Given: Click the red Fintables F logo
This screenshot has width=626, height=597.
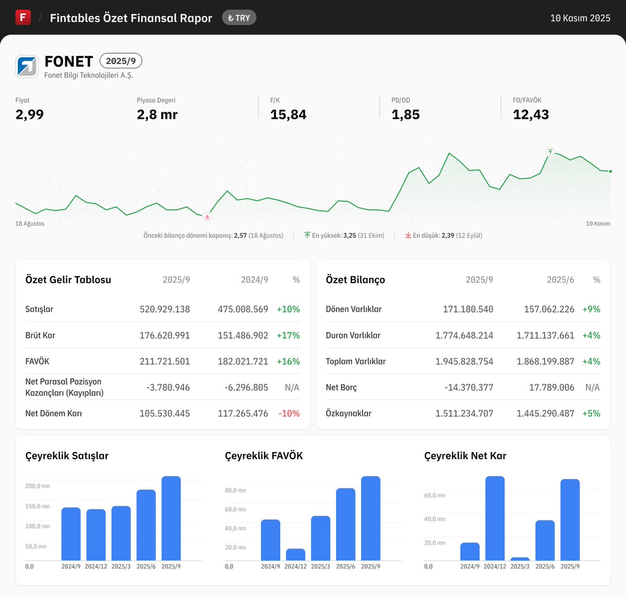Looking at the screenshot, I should (x=23, y=17).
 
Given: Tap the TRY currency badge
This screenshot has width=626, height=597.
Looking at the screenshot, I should (x=239, y=18).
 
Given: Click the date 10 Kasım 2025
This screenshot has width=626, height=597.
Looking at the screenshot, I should (x=580, y=18).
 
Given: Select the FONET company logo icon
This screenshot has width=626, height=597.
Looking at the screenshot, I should (x=27, y=66).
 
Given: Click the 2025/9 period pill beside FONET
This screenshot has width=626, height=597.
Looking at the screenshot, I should (x=121, y=61).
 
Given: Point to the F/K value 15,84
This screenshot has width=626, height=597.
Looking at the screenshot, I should (x=288, y=115).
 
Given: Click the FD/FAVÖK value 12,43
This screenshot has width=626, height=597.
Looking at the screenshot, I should (x=531, y=115).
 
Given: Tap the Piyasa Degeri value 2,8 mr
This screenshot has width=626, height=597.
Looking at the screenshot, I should (x=157, y=115).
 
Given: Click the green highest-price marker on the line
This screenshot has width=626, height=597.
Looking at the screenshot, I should (x=550, y=152).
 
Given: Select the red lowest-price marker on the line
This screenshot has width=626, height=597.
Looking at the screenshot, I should (x=207, y=216).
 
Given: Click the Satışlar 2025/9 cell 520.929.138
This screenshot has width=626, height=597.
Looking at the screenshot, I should (x=165, y=309).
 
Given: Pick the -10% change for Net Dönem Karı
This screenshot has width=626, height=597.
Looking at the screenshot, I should (x=289, y=413).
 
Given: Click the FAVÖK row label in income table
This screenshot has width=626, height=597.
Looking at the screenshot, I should (x=38, y=361).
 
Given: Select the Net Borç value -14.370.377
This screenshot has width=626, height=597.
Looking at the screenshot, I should (x=469, y=387).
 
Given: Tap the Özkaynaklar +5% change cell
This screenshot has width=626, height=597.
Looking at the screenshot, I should (x=591, y=413).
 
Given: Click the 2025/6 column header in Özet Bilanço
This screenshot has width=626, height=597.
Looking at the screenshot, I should (x=560, y=280).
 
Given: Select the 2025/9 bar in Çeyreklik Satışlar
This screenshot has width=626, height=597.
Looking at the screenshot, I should (x=171, y=518).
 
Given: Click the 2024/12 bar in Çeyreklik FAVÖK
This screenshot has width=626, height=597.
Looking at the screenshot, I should (x=296, y=555).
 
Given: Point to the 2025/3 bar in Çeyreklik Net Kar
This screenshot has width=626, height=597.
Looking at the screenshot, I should (x=520, y=559).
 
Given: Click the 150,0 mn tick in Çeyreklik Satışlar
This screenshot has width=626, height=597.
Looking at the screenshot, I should (x=38, y=506).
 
